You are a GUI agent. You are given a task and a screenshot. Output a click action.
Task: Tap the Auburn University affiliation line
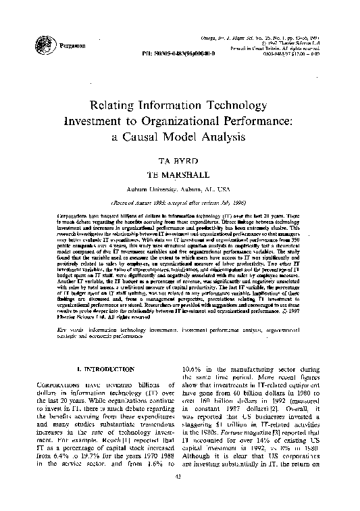pyautogui.click(x=179, y=189)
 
